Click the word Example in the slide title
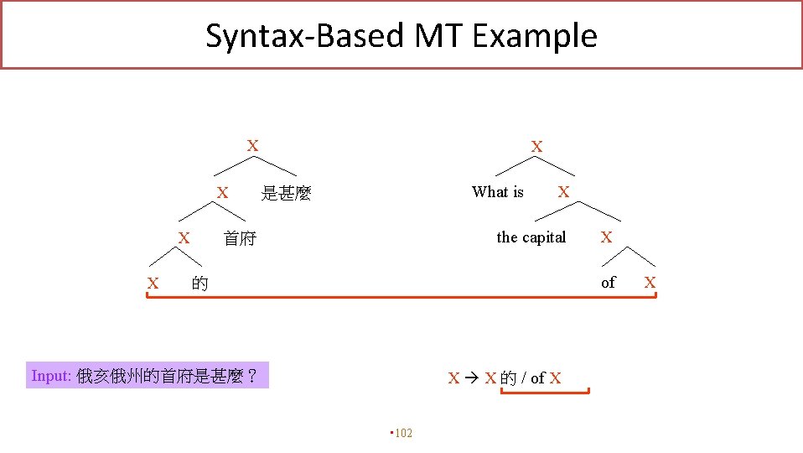tap(534, 36)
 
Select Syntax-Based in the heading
tap(305, 36)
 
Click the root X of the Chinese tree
tap(252, 146)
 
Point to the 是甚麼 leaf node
tap(286, 194)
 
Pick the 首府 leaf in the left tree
tap(240, 239)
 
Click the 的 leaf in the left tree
tap(199, 284)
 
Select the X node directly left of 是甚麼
tap(222, 194)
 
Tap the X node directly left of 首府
tap(183, 239)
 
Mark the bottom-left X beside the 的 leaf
tap(153, 284)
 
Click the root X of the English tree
tap(536, 147)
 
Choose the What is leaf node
tap(498, 192)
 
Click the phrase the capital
tap(531, 237)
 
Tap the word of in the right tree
tap(608, 283)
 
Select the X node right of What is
tap(563, 192)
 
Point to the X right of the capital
tap(606, 237)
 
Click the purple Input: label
tap(51, 376)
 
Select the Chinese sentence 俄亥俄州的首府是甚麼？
tap(166, 376)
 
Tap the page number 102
tap(403, 433)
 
